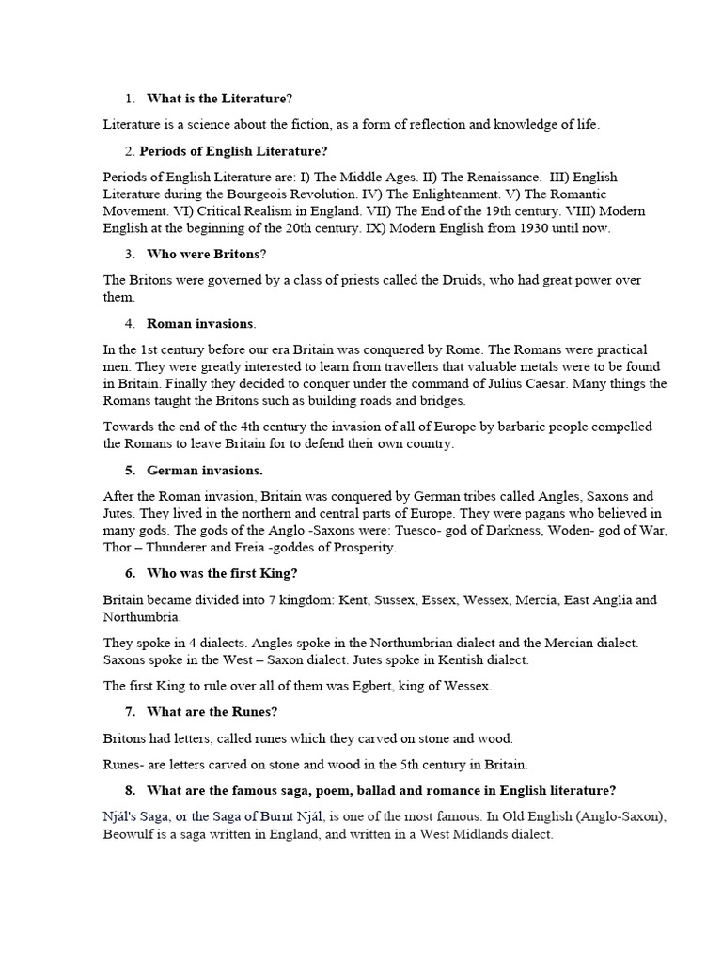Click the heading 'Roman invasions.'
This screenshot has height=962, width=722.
[x=200, y=323]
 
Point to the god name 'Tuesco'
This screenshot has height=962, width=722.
[x=445, y=530]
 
